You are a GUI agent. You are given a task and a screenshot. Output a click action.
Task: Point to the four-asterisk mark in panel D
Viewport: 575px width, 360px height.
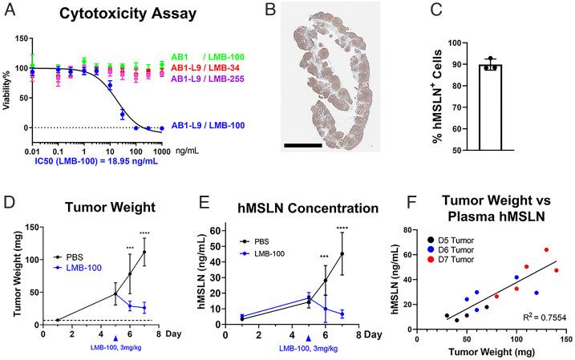144,233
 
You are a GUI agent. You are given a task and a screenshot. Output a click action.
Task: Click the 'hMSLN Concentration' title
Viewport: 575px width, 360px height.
284,208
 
